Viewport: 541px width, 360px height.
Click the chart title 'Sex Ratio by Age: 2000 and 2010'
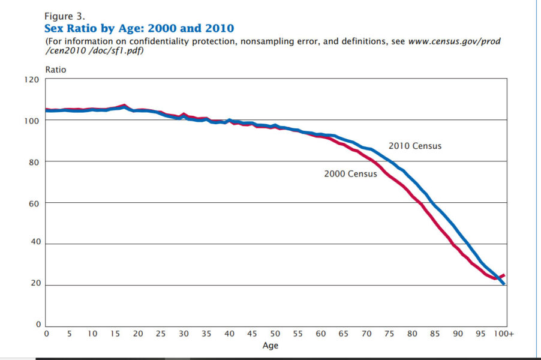[x=139, y=28]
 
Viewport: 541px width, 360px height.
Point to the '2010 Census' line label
[x=414, y=146]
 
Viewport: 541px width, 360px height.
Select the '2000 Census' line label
[x=350, y=174]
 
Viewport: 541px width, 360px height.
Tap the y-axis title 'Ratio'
[x=56, y=70]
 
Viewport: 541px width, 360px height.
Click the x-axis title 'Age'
[x=270, y=346]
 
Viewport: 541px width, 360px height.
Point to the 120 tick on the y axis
[x=32, y=79]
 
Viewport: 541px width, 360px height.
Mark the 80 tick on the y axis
[x=34, y=162]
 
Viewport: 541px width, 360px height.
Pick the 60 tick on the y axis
[x=34, y=203]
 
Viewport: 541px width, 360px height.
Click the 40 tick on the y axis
[x=34, y=244]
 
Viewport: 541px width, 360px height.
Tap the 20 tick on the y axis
[x=34, y=285]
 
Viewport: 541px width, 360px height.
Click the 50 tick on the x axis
[x=275, y=334]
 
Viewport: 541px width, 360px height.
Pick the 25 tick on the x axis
[x=161, y=334]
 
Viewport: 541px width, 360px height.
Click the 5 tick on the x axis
[x=69, y=334]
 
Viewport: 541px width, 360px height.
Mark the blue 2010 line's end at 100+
[x=504, y=284]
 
